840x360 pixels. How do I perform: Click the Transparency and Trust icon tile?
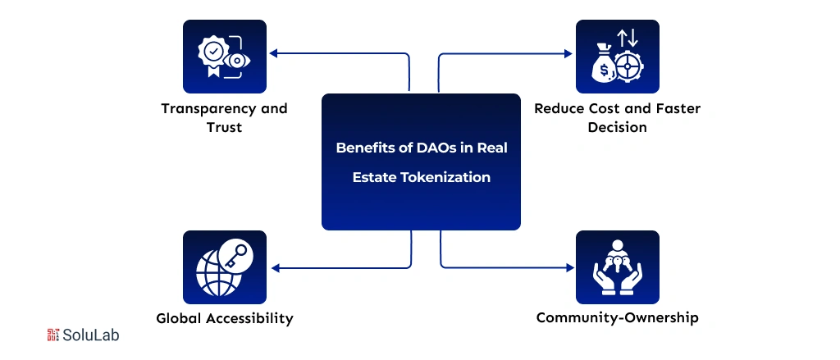[224, 56]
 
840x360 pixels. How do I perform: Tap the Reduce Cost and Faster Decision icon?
[617, 56]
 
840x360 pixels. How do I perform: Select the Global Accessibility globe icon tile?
[224, 267]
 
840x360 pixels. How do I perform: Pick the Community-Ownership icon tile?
[617, 267]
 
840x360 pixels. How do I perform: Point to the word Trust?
[224, 128]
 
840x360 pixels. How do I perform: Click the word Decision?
[617, 128]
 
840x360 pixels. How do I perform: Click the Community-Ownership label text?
[617, 317]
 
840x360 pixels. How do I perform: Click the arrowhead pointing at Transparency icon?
[273, 54]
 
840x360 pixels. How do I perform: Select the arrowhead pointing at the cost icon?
[568, 54]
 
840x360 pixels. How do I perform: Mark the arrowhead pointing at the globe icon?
[273, 267]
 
